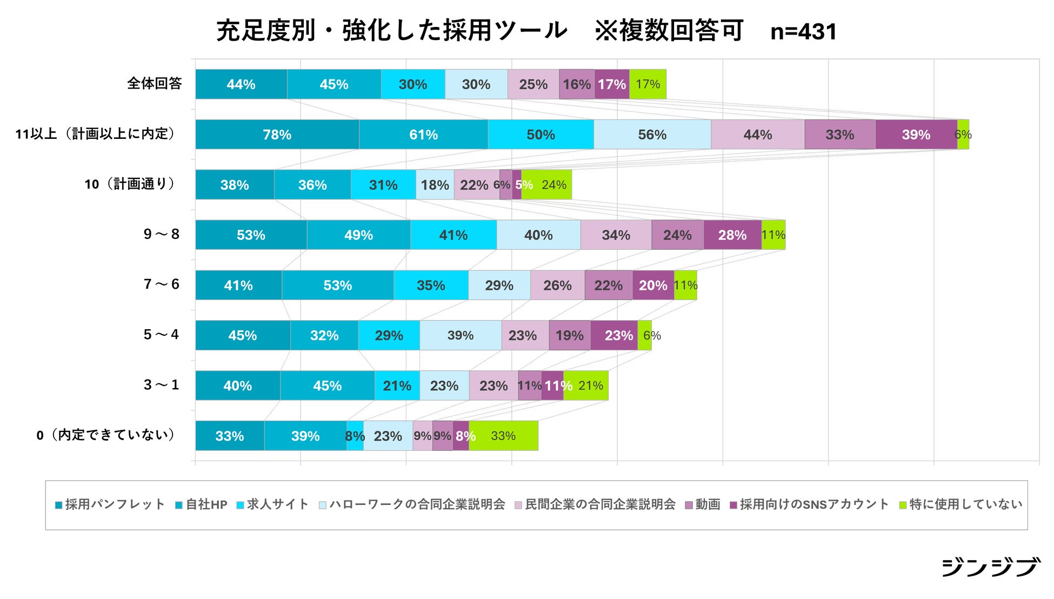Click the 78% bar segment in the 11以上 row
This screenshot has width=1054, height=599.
277,135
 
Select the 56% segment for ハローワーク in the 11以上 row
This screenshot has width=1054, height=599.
652,135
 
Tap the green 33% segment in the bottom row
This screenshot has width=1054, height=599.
504,436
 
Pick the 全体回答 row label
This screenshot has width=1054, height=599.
155,84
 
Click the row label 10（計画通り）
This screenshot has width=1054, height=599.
130,184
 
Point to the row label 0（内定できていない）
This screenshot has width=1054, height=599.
106,435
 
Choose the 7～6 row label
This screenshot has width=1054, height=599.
161,284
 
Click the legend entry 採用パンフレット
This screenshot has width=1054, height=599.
110,505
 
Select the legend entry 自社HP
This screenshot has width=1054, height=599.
201,505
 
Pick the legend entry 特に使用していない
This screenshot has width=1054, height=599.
960,505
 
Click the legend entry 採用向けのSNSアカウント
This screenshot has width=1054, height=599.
809,505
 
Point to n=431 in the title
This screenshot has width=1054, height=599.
803,32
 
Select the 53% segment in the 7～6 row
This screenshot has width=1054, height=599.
337,285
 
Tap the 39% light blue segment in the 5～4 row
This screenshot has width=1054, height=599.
461,335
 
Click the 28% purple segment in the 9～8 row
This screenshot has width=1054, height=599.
732,235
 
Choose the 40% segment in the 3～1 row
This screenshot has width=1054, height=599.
237,385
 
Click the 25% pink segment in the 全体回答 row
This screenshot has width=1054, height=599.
533,84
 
